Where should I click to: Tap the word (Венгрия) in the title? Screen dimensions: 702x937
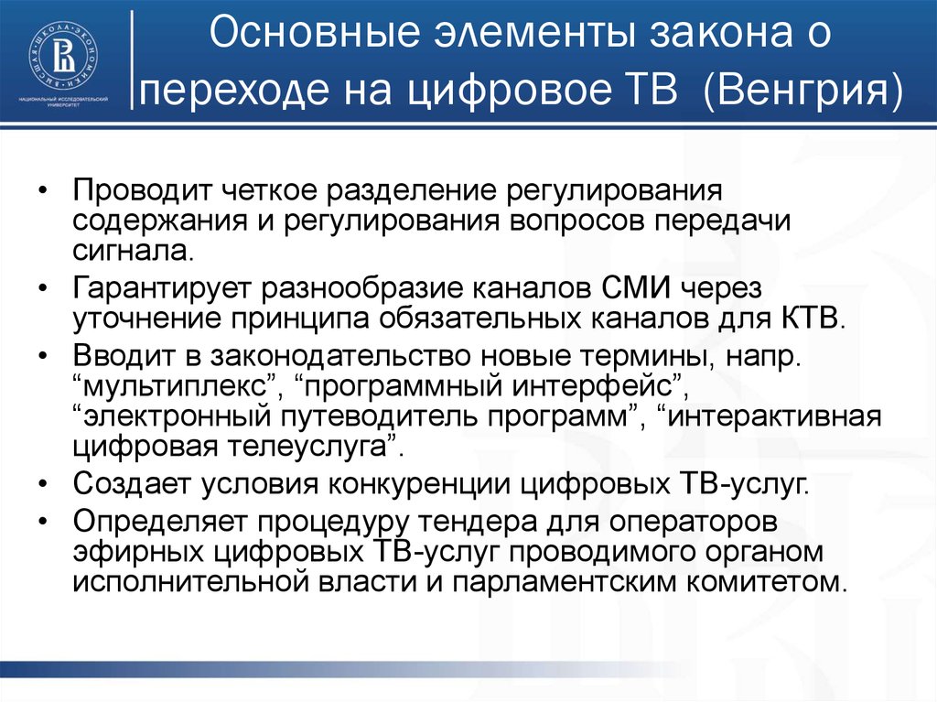pos(802,93)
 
